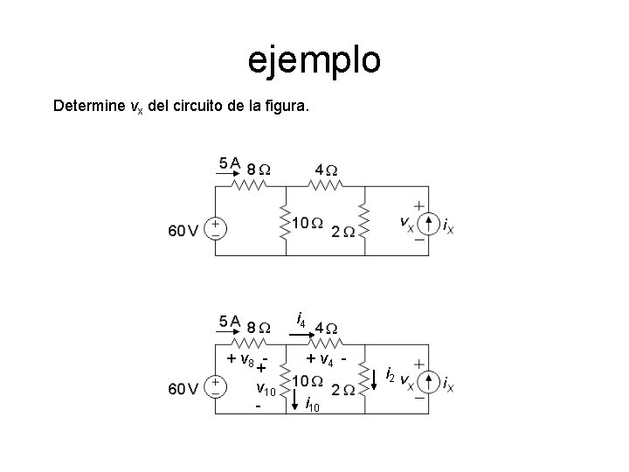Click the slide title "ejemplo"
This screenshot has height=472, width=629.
314,59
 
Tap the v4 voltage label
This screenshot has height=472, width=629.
326,358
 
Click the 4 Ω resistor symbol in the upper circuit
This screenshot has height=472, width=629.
325,185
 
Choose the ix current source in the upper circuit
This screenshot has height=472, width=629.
428,225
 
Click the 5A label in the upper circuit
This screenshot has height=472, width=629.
232,163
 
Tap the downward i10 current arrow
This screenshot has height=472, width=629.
298,403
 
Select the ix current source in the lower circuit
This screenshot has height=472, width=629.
428,382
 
